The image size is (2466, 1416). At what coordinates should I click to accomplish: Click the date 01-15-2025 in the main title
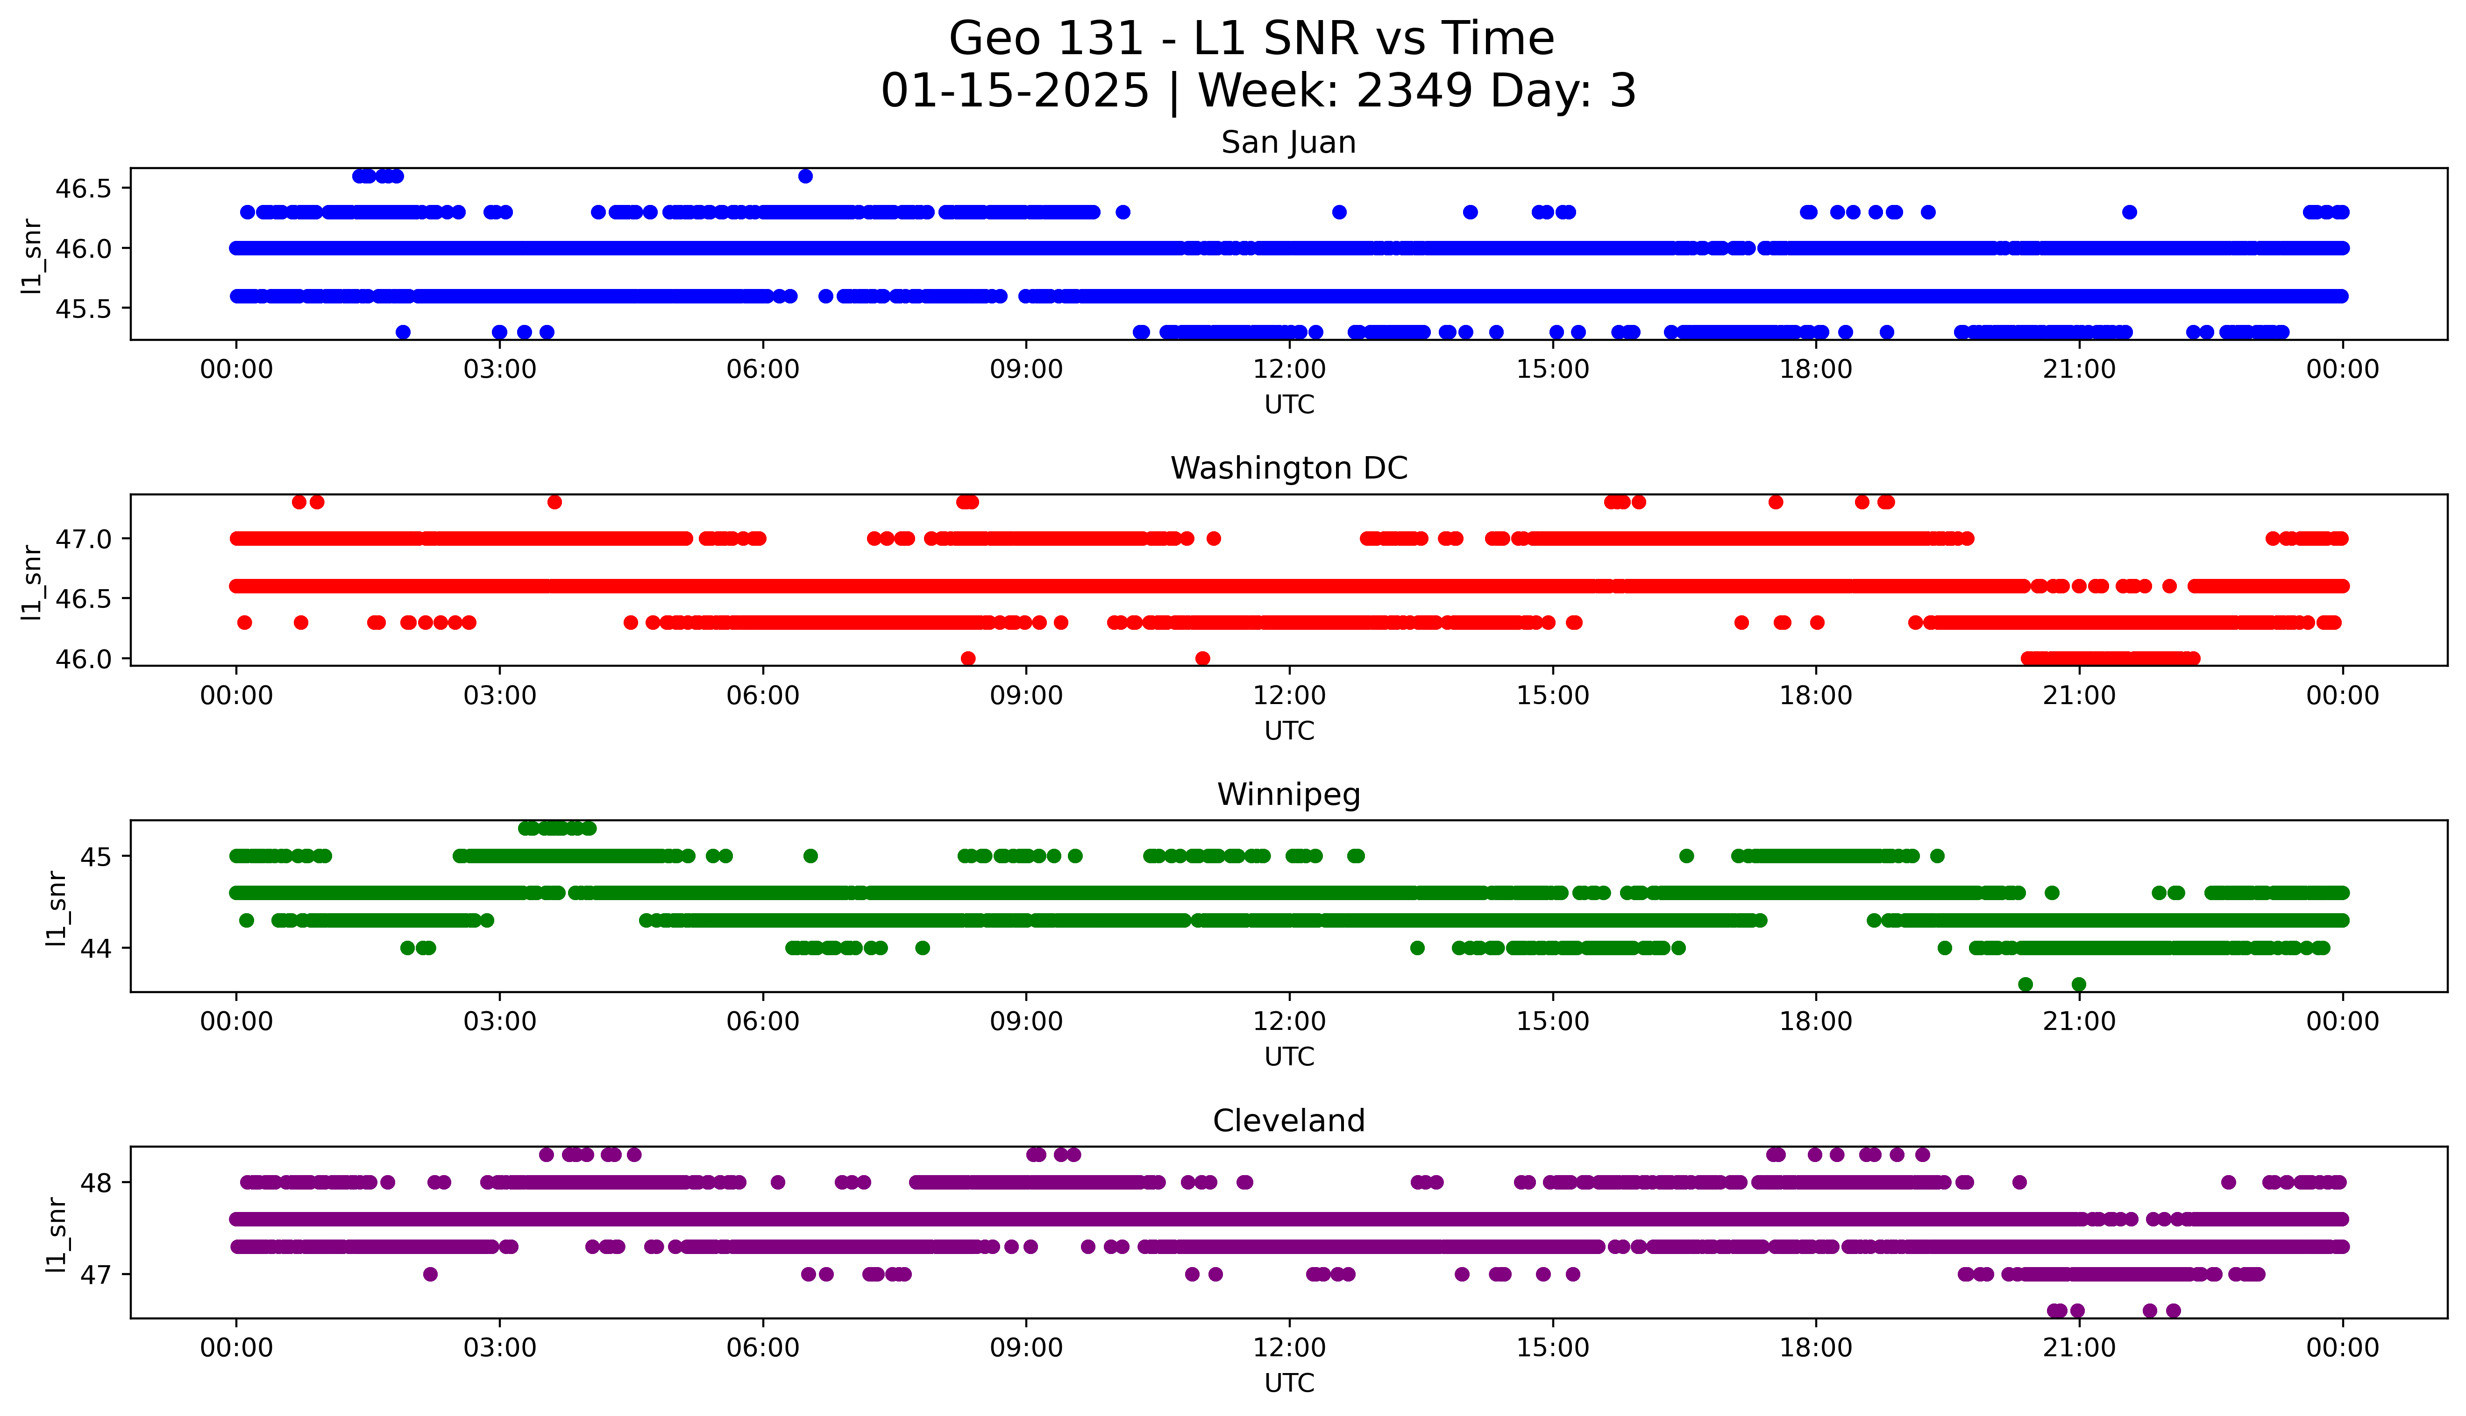[x=1015, y=92]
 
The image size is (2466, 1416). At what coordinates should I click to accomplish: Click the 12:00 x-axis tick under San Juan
[x=1289, y=370]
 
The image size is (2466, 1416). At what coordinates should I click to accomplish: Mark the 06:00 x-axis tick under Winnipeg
[x=763, y=1022]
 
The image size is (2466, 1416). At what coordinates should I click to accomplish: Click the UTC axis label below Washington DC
[x=1289, y=730]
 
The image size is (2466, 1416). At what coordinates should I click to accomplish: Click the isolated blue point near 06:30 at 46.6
[x=805, y=176]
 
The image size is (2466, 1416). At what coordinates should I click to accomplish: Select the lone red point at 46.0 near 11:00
[x=1202, y=658]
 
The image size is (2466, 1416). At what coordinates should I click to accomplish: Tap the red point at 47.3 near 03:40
[x=554, y=502]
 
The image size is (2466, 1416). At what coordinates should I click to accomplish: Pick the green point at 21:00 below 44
[x=2079, y=984]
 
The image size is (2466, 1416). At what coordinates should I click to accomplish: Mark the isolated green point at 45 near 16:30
[x=1687, y=856]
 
